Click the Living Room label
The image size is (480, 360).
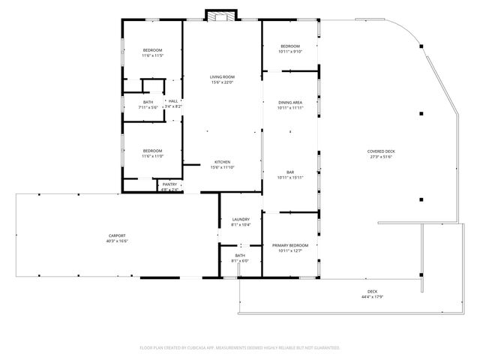[x=222, y=76]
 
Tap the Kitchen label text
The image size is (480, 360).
[x=222, y=162]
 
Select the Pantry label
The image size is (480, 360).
[x=169, y=184]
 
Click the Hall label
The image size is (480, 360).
[x=173, y=101]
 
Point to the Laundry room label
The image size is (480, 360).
[x=240, y=220]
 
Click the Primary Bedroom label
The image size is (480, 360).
[x=290, y=245]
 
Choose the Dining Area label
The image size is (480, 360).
[x=289, y=102]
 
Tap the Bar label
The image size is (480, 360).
[x=289, y=172]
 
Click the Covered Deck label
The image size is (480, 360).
[x=381, y=151]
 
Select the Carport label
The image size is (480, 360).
[x=117, y=235]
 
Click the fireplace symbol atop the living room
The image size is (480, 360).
[x=222, y=16]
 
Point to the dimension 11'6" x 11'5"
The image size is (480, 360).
[x=152, y=55]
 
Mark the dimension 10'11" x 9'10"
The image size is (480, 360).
[x=289, y=51]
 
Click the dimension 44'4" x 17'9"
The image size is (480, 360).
[x=372, y=297]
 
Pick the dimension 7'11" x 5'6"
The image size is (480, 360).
[x=148, y=107]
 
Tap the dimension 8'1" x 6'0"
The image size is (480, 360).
[x=240, y=261]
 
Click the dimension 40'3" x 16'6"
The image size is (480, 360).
[x=117, y=241]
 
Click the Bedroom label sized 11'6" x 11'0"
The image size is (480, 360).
[x=152, y=151]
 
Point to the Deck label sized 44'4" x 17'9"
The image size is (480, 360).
[x=372, y=292]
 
